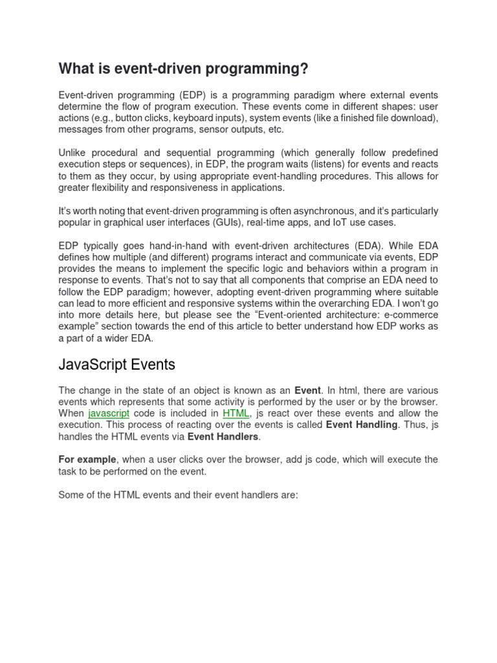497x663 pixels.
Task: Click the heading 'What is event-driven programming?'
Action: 184,68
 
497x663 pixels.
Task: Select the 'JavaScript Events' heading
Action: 116,365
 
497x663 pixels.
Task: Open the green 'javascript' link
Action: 109,413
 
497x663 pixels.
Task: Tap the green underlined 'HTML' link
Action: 236,413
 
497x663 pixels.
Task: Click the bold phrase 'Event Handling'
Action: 362,425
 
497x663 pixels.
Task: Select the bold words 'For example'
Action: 85,460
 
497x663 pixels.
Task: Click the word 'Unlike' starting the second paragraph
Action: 74,152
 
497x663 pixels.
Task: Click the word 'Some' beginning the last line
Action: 72,495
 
